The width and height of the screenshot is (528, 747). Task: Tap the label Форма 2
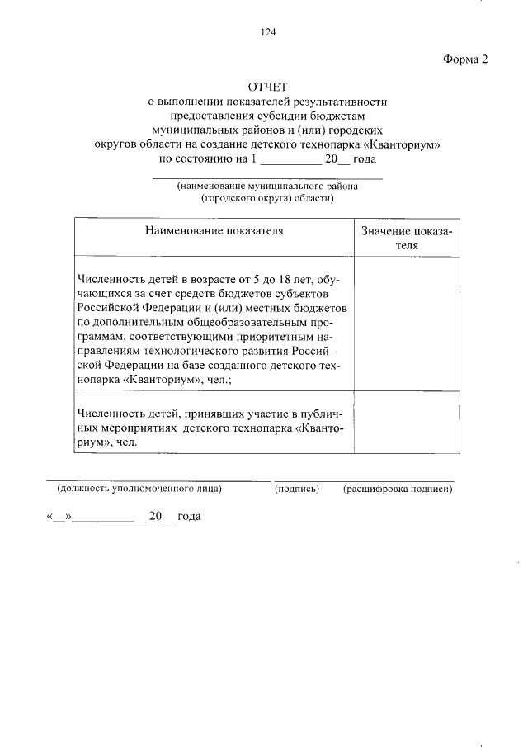pyautogui.click(x=466, y=59)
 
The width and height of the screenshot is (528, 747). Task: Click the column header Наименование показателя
pyautogui.click(x=214, y=231)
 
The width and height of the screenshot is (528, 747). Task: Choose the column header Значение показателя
pyautogui.click(x=407, y=238)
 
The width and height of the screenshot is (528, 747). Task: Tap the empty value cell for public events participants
pyautogui.click(x=407, y=425)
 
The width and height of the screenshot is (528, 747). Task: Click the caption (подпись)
pyautogui.click(x=296, y=489)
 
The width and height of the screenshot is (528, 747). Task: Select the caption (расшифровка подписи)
pyautogui.click(x=398, y=489)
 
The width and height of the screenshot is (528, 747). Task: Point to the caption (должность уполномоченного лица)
pyautogui.click(x=139, y=489)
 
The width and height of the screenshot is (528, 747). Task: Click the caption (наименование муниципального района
pyautogui.click(x=267, y=187)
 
